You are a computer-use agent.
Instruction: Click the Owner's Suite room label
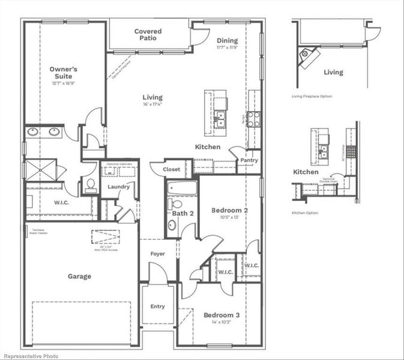pyautogui.click(x=63, y=73)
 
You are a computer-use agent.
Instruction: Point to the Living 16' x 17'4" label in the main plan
pyautogui.click(x=152, y=100)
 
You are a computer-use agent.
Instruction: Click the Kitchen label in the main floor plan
pyautogui.click(x=207, y=147)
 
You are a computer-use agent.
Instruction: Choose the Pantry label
pyautogui.click(x=249, y=161)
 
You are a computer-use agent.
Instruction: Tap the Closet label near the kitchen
pyautogui.click(x=171, y=170)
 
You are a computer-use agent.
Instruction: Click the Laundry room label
pyautogui.click(x=119, y=187)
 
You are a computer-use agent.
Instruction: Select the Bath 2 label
pyautogui.click(x=182, y=214)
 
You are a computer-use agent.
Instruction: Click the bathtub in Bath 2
pyautogui.click(x=182, y=188)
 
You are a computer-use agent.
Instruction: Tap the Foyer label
pyautogui.click(x=157, y=254)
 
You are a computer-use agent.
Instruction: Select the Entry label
pyautogui.click(x=157, y=307)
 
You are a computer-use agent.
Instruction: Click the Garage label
pyautogui.click(x=79, y=277)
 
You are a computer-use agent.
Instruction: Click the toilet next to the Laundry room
pyautogui.click(x=90, y=184)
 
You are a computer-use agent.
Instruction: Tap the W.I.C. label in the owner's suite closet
pyautogui.click(x=61, y=203)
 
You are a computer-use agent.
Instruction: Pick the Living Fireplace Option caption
pyautogui.click(x=312, y=96)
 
